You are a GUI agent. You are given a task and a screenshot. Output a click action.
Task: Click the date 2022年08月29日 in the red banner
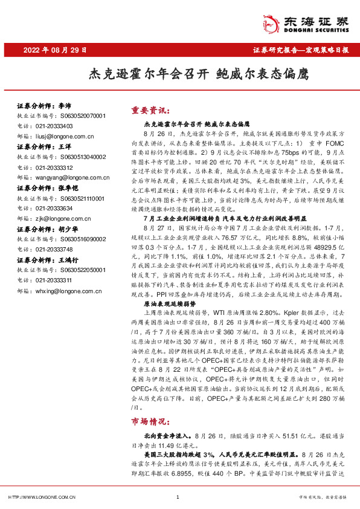click(x=55, y=51)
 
